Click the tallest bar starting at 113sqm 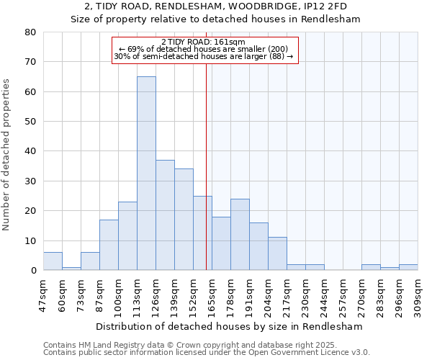(146, 174)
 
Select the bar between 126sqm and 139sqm (165, 215)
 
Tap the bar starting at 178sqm (240, 235)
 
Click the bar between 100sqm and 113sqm (127, 236)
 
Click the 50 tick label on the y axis (30, 122)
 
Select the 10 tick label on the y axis (30, 241)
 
